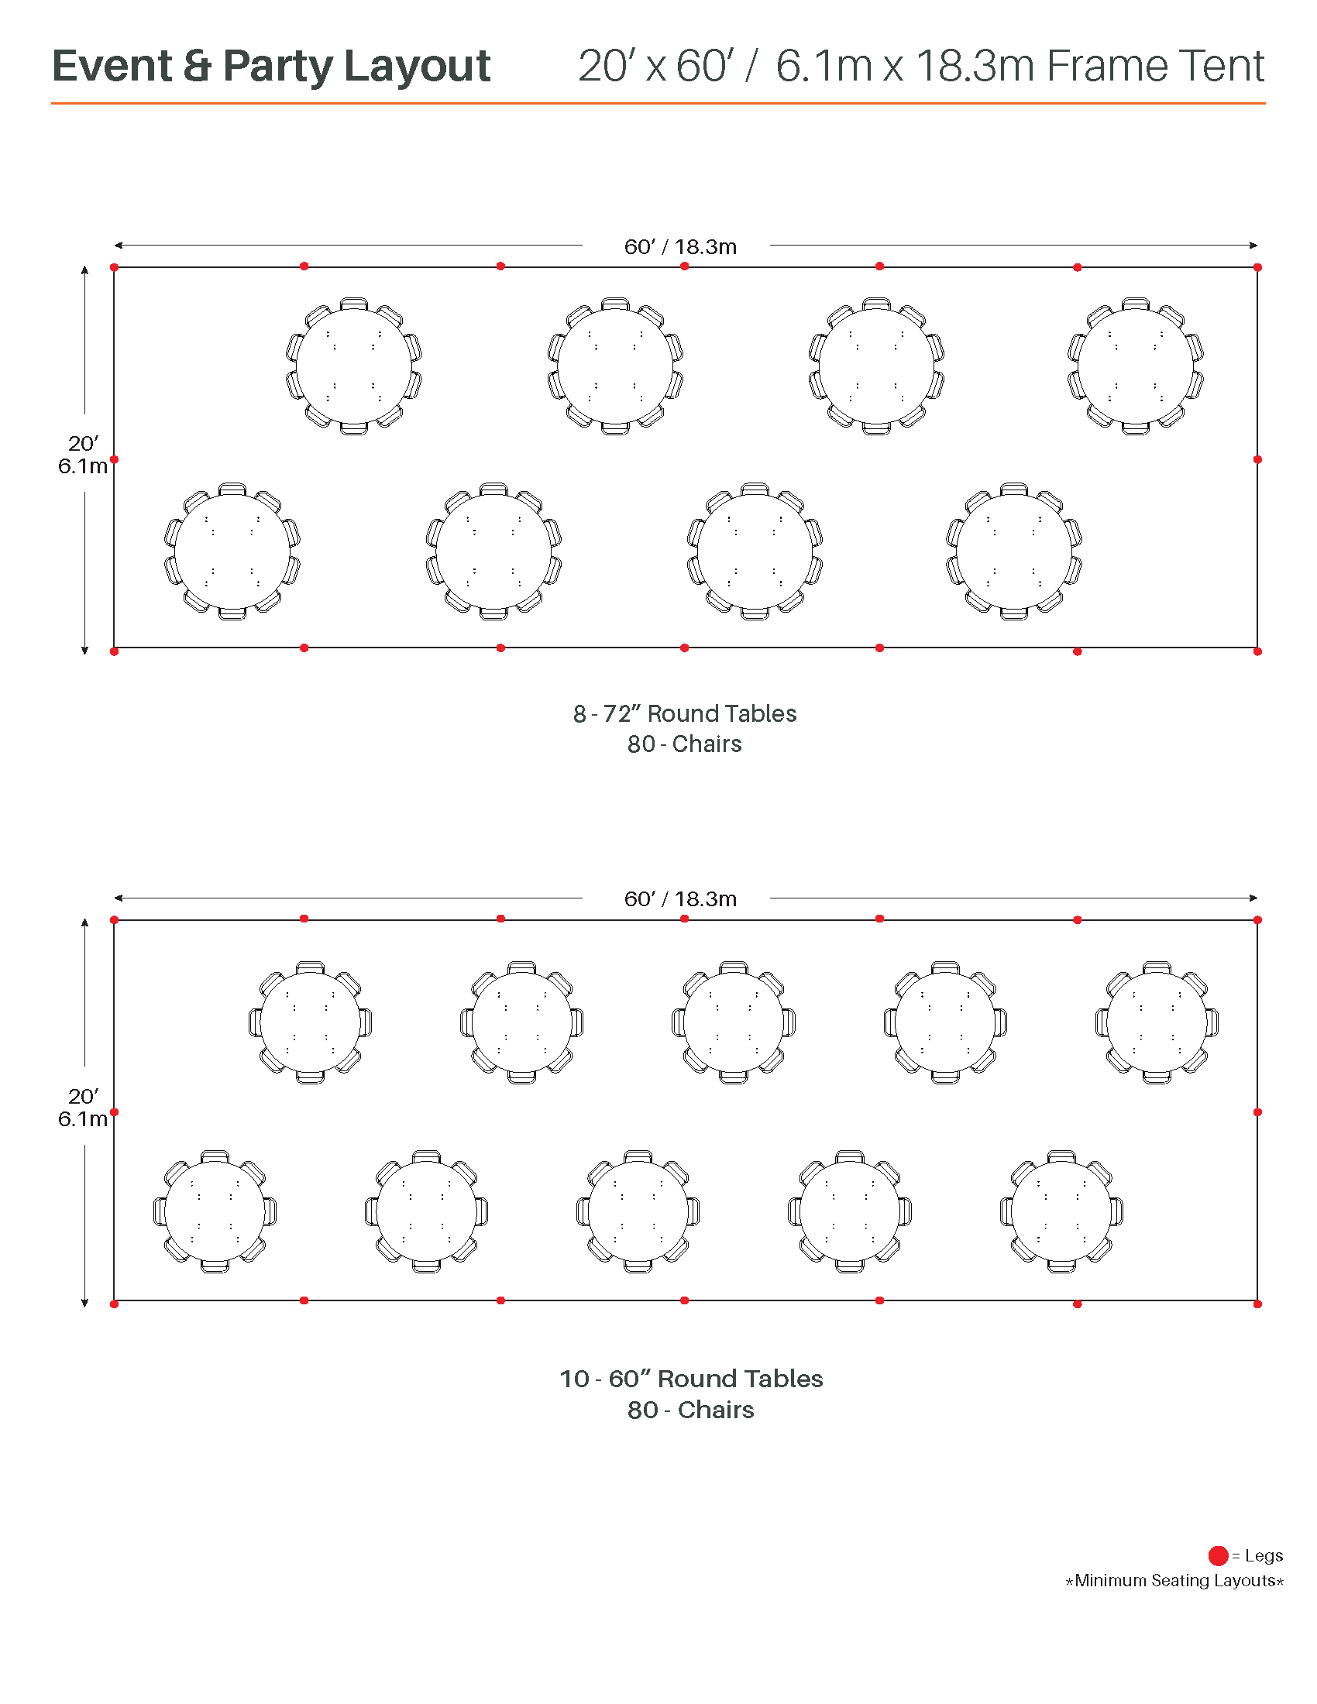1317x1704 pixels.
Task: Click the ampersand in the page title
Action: [198, 66]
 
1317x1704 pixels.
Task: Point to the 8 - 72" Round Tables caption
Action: [684, 713]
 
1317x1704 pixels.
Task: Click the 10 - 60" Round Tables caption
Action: [690, 1379]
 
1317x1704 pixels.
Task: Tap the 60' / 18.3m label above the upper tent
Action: [679, 246]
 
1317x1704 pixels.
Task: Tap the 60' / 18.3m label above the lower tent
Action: [679, 898]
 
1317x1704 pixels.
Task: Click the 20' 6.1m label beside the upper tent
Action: [82, 455]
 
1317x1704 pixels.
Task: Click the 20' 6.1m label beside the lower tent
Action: [82, 1107]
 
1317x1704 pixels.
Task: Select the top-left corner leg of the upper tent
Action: [115, 268]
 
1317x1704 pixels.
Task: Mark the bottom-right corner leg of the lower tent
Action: [1257, 1304]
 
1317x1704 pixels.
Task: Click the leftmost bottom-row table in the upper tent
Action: [232, 551]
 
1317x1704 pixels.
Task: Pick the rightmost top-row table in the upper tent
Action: [1135, 366]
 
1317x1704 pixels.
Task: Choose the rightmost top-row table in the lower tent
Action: [1157, 1022]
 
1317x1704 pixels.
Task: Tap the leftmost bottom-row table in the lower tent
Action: [215, 1211]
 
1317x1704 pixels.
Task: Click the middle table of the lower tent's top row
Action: [734, 1022]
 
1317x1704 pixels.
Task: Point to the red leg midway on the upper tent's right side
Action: [1257, 459]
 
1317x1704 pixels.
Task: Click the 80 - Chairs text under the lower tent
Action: [690, 1410]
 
